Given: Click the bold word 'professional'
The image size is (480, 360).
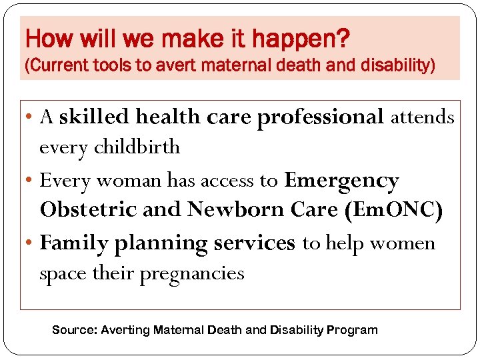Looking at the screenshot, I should pyautogui.click(x=321, y=117).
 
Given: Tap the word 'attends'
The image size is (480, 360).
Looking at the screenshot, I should pyautogui.click(x=423, y=117).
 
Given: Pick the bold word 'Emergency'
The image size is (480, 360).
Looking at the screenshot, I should pyautogui.click(x=341, y=180).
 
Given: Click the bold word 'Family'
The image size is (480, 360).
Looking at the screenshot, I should pyautogui.click(x=75, y=243).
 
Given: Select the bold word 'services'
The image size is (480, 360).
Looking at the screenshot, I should pyautogui.click(x=254, y=243).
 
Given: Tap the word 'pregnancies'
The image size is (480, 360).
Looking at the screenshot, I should pyautogui.click(x=192, y=273).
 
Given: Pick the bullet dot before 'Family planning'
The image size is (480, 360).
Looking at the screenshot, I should pyautogui.click(x=31, y=243).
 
